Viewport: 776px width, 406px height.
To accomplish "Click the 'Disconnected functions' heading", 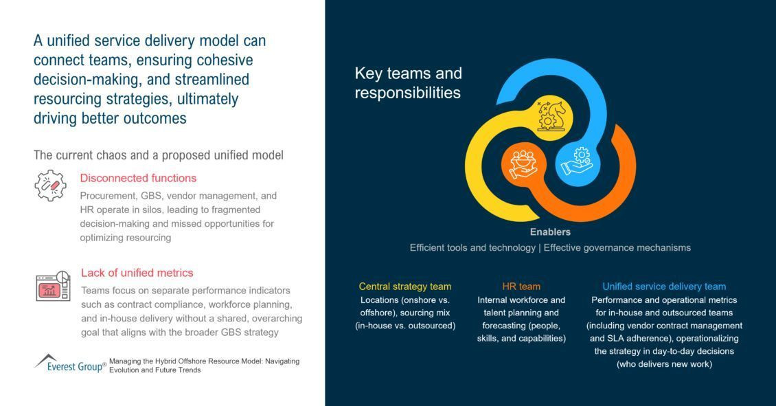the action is tap(138, 178).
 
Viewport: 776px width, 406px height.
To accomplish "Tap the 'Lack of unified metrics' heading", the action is tap(137, 273).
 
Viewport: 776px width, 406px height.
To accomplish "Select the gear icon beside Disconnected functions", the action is tap(51, 185).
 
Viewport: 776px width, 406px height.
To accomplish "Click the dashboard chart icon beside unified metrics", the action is tap(53, 286).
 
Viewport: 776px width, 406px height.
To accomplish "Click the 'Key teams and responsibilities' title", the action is tap(409, 82).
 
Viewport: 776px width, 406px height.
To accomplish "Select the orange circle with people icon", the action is tap(523, 164).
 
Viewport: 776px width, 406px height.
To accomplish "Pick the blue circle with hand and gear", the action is tap(578, 162).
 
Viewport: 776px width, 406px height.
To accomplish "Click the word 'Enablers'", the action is tap(550, 232).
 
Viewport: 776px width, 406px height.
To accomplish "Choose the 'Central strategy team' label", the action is tap(405, 286).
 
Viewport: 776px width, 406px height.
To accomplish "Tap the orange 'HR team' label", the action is tap(521, 286).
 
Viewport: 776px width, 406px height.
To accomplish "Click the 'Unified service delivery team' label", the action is tap(664, 286).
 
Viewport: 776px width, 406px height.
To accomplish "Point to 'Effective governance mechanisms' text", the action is tap(617, 247).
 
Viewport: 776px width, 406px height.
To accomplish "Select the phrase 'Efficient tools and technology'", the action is tap(472, 247).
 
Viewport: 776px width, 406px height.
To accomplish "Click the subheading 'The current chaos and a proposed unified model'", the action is tap(159, 155).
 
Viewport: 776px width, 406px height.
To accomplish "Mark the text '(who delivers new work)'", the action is tap(664, 364).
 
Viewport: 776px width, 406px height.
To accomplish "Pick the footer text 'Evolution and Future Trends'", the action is tap(155, 370).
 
